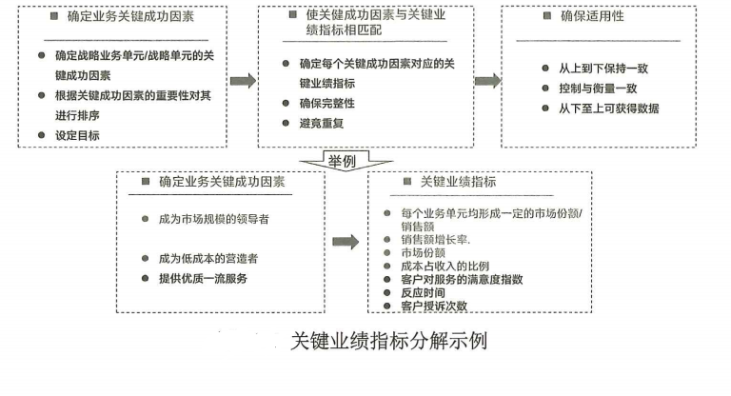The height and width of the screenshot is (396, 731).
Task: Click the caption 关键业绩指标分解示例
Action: coord(388,340)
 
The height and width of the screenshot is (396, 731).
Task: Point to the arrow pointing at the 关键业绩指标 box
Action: coord(346,242)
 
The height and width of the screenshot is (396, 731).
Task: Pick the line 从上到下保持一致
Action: coord(609,69)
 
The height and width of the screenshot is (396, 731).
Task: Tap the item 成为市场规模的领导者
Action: coord(213,218)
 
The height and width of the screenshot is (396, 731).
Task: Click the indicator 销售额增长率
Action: coord(437,239)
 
